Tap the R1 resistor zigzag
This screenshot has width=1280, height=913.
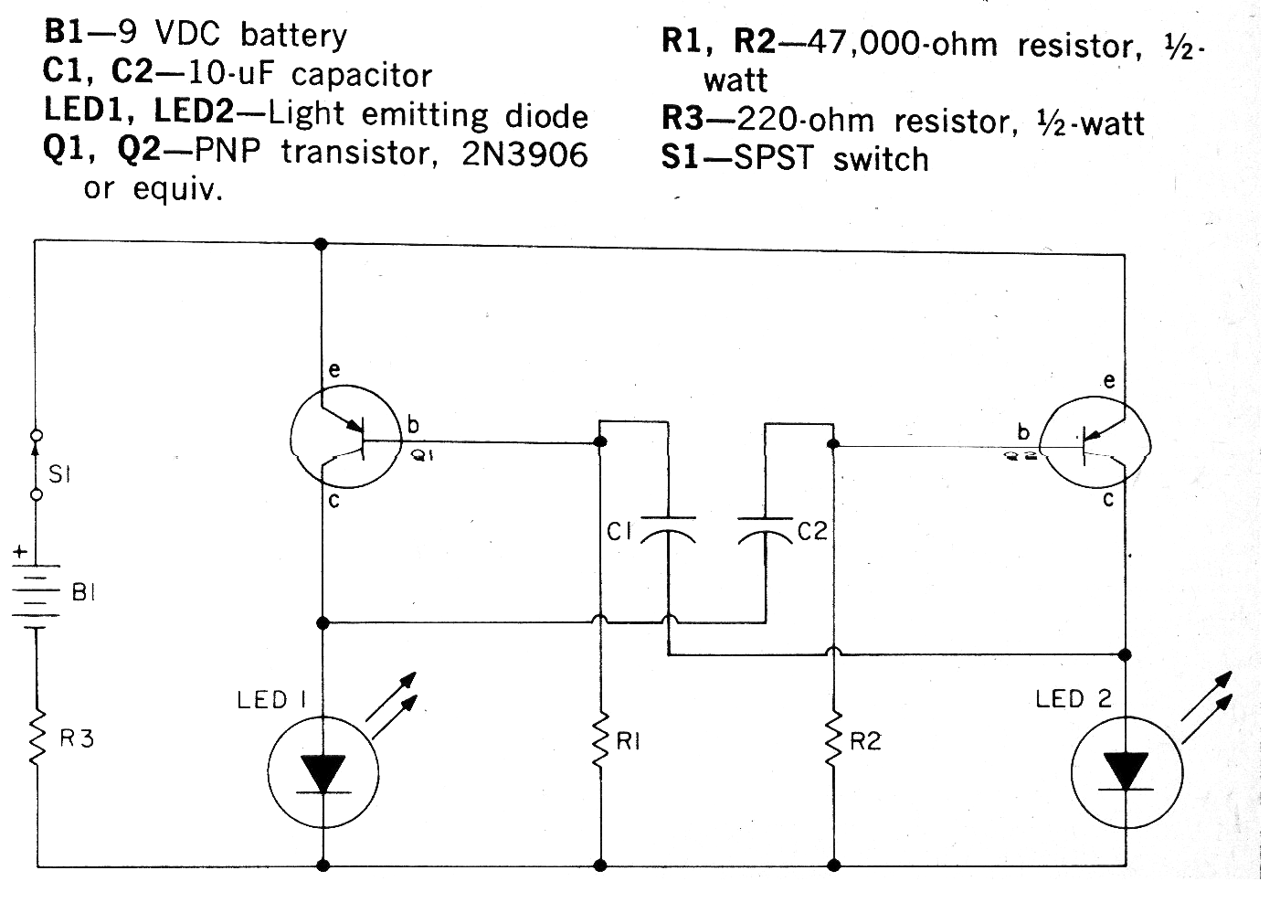[x=600, y=741]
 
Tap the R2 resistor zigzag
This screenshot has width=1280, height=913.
[x=833, y=741]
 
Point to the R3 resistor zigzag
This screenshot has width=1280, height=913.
[x=37, y=738]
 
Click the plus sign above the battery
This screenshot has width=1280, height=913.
[x=19, y=553]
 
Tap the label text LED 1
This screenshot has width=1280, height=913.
[x=270, y=700]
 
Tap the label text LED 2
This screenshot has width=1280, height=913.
[x=1074, y=699]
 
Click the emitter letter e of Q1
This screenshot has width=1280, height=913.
[x=333, y=370]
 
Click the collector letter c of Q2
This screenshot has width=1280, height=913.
[x=1108, y=500]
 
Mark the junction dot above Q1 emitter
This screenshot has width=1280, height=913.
[x=321, y=244]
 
